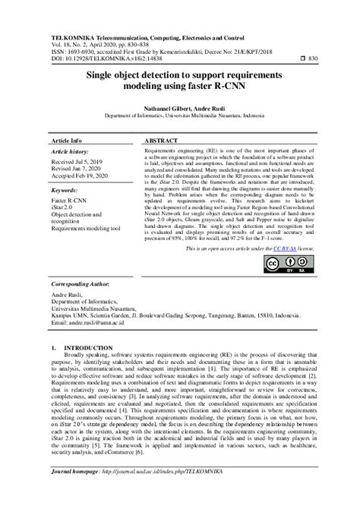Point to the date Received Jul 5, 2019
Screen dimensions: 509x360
[80, 162]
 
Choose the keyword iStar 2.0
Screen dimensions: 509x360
[65, 208]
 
